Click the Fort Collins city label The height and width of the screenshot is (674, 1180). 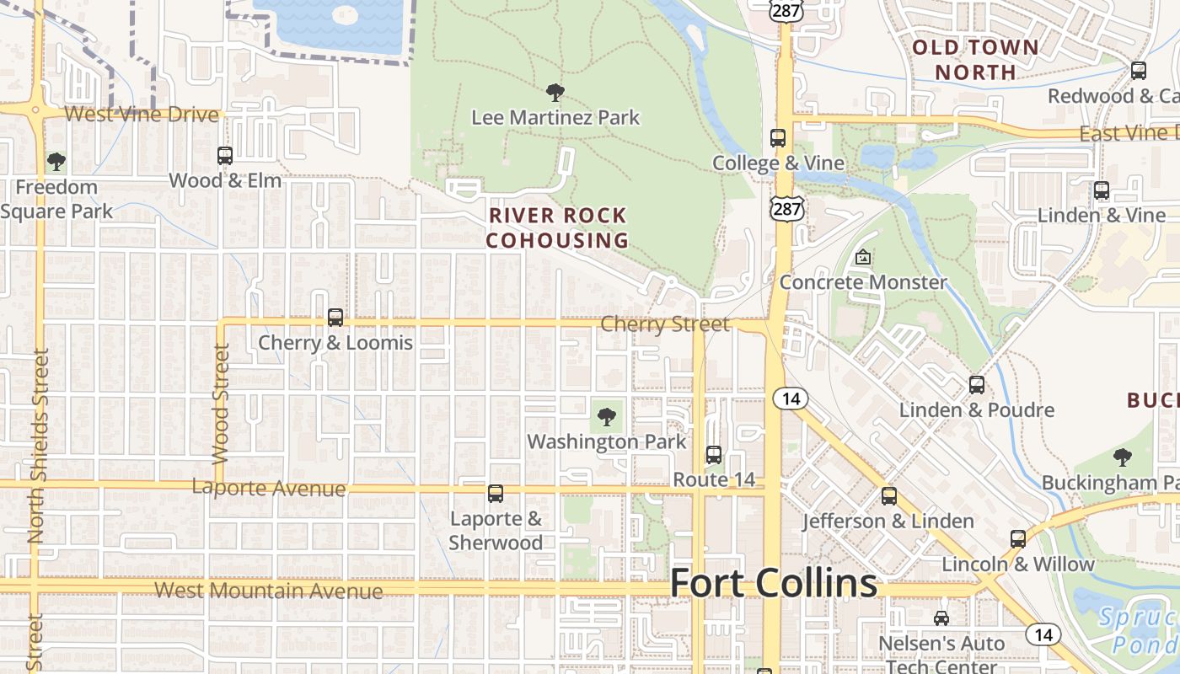pos(774,583)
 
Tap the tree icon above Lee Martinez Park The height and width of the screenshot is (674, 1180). pos(555,92)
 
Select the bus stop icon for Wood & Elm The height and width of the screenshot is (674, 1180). pos(225,156)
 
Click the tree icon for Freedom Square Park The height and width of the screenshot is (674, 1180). pos(56,161)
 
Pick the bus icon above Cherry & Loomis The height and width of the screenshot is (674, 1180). pos(335,318)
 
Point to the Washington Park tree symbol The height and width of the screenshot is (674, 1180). pos(606,416)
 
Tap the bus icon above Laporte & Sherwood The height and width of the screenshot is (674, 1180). pos(496,494)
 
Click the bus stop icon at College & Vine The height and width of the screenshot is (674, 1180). pos(778,138)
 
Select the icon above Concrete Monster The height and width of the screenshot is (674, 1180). pos(862,257)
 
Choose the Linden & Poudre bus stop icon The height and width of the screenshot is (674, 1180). pos(977,385)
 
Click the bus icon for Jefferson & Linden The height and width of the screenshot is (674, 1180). pos(889,496)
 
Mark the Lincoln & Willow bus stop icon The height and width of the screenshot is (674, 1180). pos(1018,539)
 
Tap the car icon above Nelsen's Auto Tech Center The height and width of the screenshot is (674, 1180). pos(941,618)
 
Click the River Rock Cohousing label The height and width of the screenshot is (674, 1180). pos(557,227)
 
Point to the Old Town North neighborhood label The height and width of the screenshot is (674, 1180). pos(976,59)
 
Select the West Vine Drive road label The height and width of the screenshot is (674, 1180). pos(142,115)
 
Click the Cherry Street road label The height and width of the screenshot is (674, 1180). pos(665,324)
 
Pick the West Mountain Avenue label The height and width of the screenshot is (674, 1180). pos(269,591)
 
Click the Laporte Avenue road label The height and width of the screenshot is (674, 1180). pos(269,488)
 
